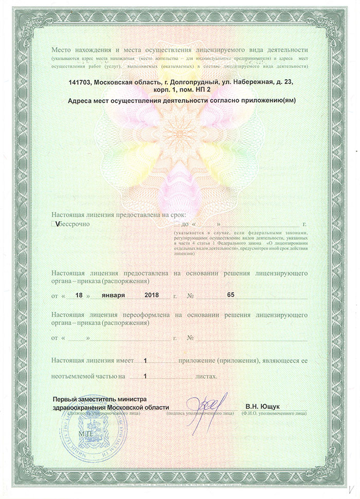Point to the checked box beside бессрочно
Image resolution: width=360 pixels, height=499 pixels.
54,224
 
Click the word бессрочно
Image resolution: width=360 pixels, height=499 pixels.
74,224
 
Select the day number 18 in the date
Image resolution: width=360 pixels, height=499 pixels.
78,295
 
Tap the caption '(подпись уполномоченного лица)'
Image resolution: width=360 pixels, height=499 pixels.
200,413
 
